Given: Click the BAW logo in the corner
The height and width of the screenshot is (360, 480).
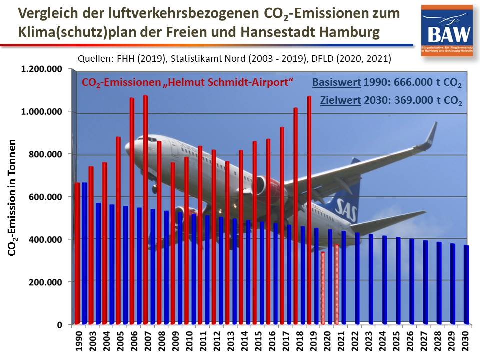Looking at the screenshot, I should (446, 30).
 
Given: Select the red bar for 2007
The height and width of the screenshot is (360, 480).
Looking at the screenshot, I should (145, 210).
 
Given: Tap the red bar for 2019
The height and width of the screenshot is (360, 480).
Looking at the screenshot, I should (309, 210).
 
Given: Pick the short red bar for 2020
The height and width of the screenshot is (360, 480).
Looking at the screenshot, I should (323, 288).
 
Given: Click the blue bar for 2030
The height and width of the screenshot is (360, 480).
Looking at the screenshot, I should (466, 284).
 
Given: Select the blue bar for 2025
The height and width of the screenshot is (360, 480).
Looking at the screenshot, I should (398, 280).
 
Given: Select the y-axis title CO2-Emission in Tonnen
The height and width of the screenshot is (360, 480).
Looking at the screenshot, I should (13, 198).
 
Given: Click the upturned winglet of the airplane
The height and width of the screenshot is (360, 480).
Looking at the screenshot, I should (431, 135).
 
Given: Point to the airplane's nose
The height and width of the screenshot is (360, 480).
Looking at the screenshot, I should (127, 148).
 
